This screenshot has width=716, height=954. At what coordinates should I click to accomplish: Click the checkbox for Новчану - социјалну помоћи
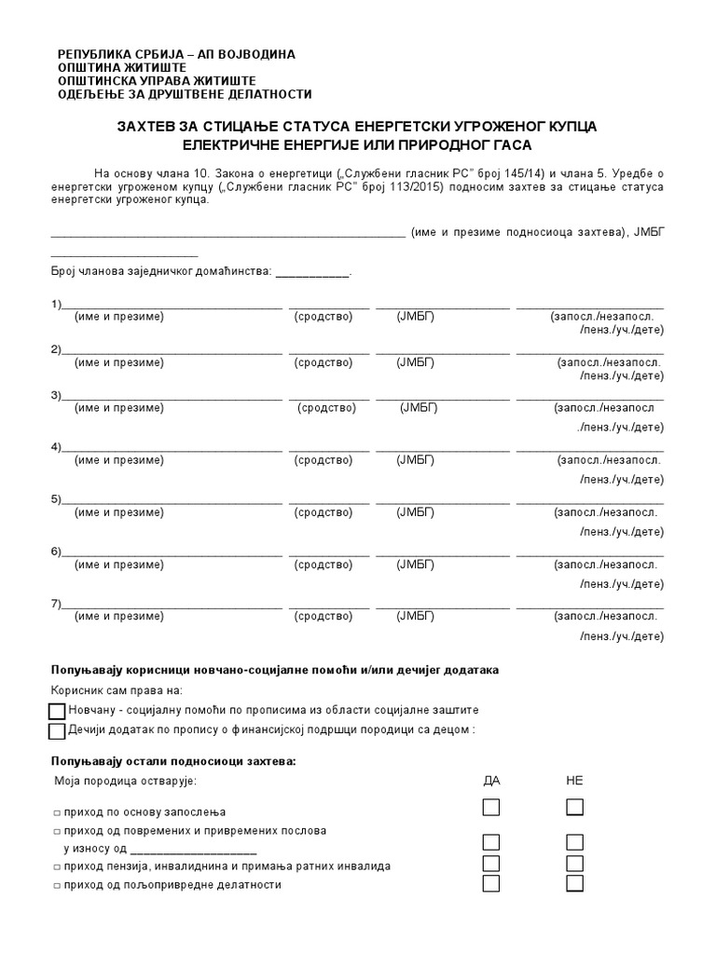[56, 712]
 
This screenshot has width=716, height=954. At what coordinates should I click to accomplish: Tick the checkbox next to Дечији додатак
[56, 730]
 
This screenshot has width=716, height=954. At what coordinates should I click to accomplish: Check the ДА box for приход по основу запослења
[491, 807]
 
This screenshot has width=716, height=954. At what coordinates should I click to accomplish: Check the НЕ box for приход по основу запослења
[574, 807]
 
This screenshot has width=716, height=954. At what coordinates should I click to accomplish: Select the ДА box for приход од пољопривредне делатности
[491, 882]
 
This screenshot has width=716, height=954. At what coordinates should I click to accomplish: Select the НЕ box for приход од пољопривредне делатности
[574, 882]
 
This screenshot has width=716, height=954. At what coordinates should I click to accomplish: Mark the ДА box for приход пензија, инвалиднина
[491, 864]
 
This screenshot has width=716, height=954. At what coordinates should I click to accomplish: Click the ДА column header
[491, 781]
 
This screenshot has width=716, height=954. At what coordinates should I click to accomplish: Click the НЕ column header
[574, 781]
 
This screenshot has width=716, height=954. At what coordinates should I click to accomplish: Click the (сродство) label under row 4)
[324, 460]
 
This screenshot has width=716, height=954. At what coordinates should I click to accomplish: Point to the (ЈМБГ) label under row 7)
[416, 616]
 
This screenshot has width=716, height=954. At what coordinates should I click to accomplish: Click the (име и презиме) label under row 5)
[119, 512]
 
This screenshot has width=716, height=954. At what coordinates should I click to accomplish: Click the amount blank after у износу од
[194, 850]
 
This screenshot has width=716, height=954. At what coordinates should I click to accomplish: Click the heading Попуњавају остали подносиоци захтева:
[172, 761]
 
